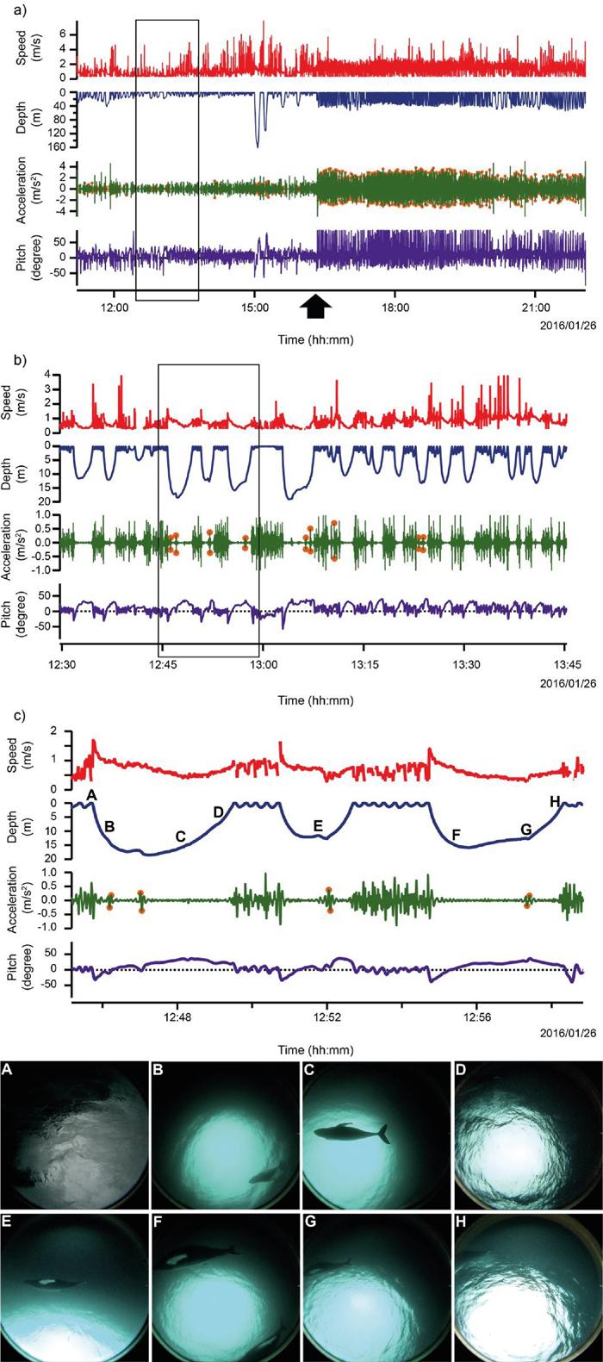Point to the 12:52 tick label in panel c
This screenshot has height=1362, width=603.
tap(326, 1017)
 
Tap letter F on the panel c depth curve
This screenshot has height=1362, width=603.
tap(456, 834)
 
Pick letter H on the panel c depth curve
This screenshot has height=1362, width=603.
tap(555, 802)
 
